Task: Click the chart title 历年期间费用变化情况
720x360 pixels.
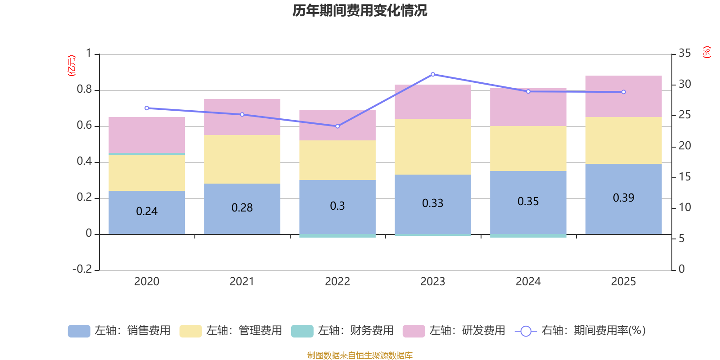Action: click(360, 10)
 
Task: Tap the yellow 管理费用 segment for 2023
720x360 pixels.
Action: click(432, 147)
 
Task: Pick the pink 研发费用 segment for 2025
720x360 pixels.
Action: click(623, 96)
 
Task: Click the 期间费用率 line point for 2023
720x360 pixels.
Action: click(433, 74)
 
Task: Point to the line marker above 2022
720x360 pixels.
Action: click(337, 126)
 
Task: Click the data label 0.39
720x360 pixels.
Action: click(623, 198)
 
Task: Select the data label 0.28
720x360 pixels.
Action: click(242, 208)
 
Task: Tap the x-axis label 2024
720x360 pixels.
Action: click(528, 282)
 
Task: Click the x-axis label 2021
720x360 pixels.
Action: click(242, 282)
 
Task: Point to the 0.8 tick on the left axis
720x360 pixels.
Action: click(84, 90)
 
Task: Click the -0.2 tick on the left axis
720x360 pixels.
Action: click(82, 269)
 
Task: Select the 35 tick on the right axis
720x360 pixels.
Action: click(684, 54)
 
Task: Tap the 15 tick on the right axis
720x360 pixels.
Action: click(684, 177)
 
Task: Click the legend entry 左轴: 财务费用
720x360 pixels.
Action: click(342, 331)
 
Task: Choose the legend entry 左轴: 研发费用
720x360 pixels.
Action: click(454, 331)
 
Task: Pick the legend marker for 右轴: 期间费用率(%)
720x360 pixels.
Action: click(526, 331)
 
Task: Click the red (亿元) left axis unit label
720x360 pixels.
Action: click(72, 66)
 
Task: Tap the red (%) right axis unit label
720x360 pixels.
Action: click(707, 52)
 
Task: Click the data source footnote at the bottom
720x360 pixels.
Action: click(360, 355)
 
